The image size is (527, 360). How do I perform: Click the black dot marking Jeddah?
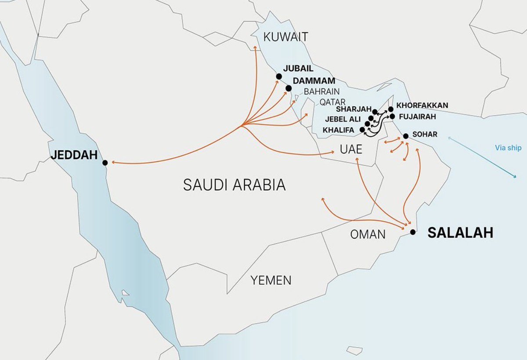coord(105,163)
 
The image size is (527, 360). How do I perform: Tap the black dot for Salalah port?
coord(412,232)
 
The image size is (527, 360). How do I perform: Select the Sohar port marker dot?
coord(405,136)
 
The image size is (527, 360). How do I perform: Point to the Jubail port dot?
coord(279,76)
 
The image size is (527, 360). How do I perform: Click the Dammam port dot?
coord(289,88)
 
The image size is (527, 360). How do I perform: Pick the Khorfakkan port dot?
coord(391,109)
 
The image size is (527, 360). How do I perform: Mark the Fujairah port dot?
coord(392,116)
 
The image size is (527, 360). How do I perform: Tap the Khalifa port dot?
coord(362,130)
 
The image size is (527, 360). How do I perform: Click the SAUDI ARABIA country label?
coord(234,185)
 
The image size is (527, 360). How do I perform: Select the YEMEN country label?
coord(271,280)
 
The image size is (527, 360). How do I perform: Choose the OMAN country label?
coord(368,235)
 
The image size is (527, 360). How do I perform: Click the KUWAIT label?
coord(285,37)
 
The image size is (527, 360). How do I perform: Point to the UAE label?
coord(350,150)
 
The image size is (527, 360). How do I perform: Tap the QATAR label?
coord(332,102)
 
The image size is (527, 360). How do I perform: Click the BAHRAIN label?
coord(322,92)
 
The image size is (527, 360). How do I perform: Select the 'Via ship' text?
coord(508,148)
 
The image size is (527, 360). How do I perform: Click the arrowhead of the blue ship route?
coord(515,177)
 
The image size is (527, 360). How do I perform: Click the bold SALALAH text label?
coord(460,233)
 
